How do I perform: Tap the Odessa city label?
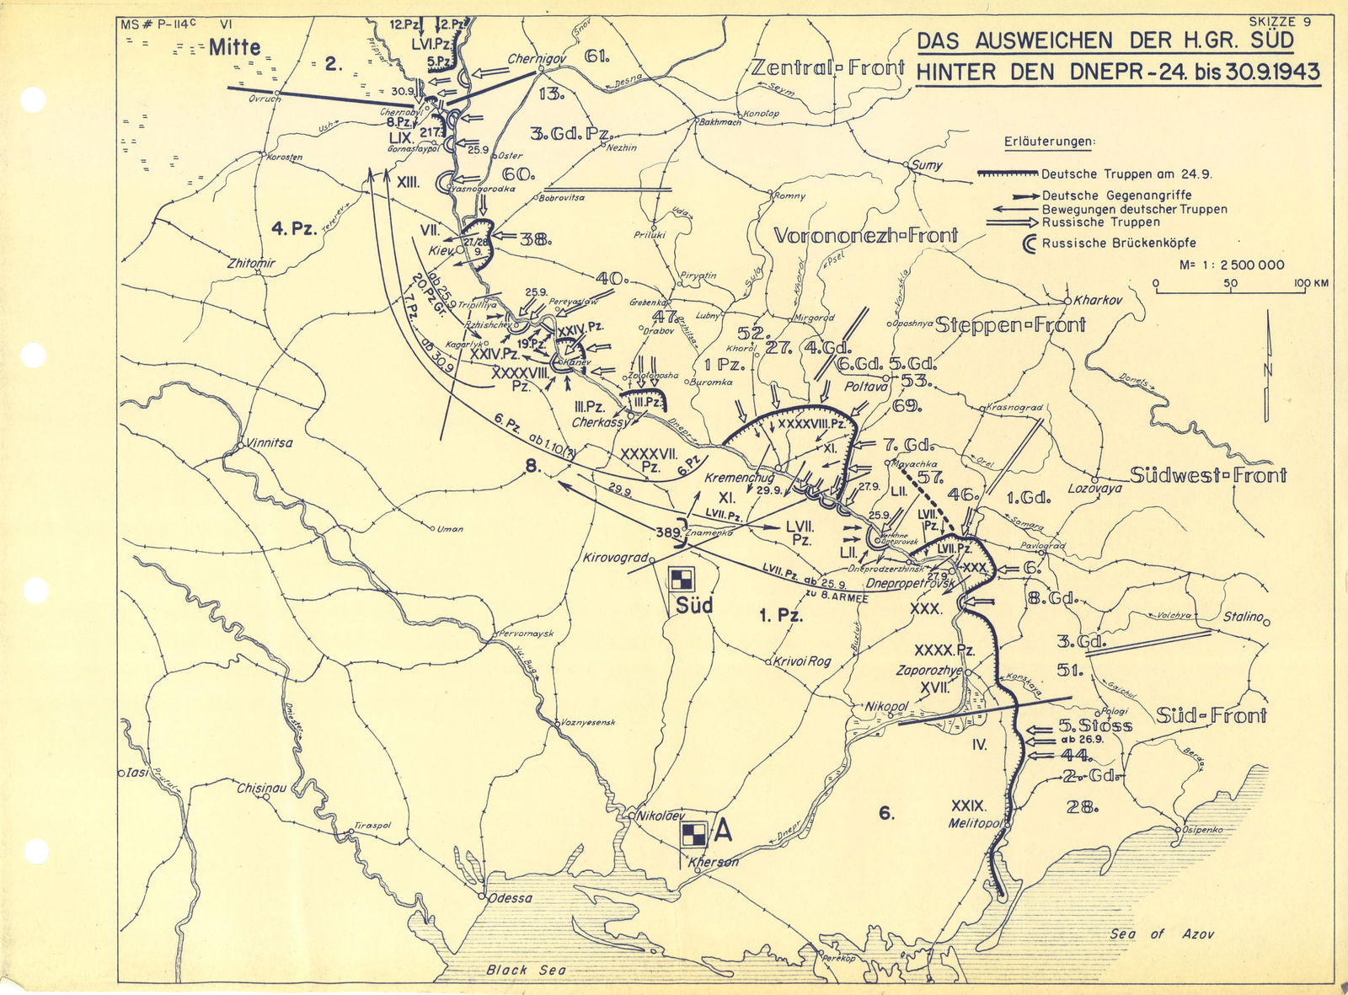[x=511, y=897]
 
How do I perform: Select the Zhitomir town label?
[x=251, y=264]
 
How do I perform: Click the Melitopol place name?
[x=976, y=823]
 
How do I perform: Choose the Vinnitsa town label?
[x=270, y=442]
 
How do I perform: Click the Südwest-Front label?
[x=1207, y=475]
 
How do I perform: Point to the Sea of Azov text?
[x=1162, y=933]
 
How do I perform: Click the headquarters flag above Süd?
[x=680, y=580]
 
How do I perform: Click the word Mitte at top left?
[x=235, y=46]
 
